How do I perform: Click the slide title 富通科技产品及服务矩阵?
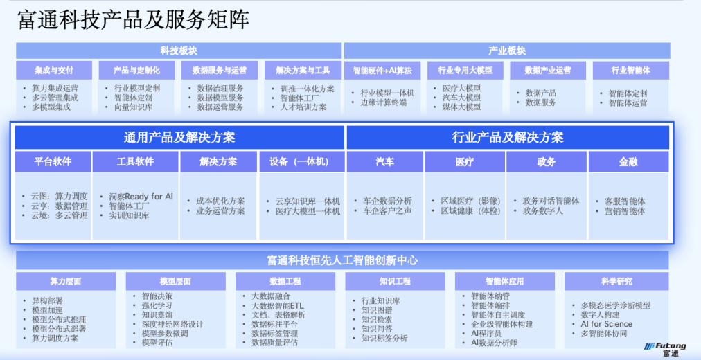pos(133,20)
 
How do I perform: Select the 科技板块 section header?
pos(179,51)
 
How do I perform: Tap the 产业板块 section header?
pos(507,51)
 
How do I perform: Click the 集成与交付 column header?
pos(54,71)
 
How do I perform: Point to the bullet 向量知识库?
pos(133,107)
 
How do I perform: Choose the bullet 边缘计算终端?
pos(384,102)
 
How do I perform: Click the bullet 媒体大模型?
pos(462,107)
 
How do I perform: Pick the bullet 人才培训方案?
pos(303,107)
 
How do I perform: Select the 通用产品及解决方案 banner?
pos(179,137)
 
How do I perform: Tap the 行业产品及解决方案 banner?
pos(508,137)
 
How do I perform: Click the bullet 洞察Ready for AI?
pos(141,197)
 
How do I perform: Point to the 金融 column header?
pos(628,162)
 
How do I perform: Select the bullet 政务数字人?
pos(543,211)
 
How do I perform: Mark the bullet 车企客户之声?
pos(388,211)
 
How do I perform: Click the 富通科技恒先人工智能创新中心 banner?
pos(342,260)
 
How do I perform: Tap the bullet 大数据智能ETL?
pos(278,306)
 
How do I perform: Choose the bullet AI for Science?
pos(606,324)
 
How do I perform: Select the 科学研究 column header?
pos(616,281)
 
